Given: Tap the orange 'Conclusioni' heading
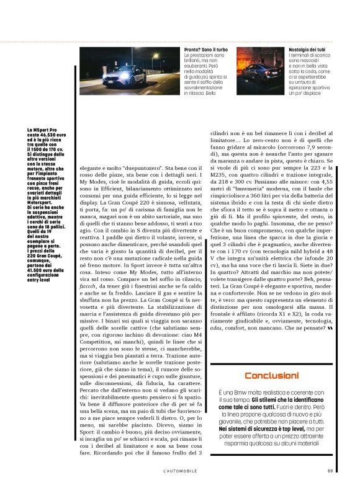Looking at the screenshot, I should [x=271, y=375].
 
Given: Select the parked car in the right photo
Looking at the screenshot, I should [x=261, y=77].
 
